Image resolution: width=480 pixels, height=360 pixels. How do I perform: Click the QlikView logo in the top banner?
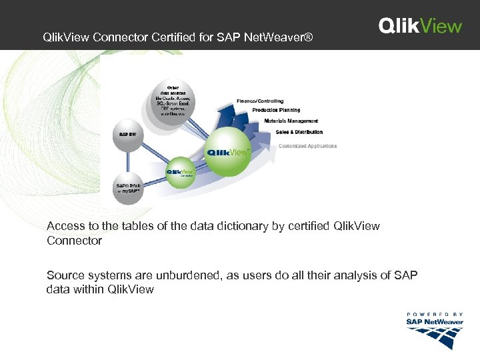(x=420, y=25)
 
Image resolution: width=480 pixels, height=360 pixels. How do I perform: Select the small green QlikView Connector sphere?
(x=180, y=171)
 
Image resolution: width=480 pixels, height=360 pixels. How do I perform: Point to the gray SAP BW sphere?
(x=129, y=133)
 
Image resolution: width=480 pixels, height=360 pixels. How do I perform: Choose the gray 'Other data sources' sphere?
(x=174, y=102)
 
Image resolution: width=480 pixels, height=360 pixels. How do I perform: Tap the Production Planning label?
(x=276, y=110)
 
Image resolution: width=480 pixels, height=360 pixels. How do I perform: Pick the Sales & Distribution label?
(x=299, y=132)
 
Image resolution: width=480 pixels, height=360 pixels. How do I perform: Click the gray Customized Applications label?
(x=307, y=146)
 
